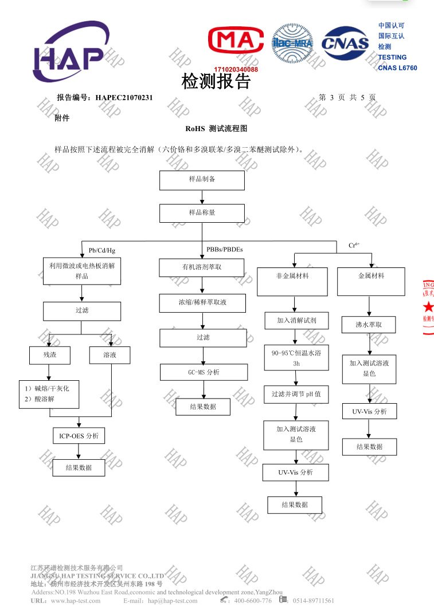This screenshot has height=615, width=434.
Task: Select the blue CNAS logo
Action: click(345, 43)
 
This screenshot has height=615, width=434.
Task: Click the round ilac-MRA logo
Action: click(292, 43)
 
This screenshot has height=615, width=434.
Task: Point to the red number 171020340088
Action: click(236, 69)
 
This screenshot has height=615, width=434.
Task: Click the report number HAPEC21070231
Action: click(124, 98)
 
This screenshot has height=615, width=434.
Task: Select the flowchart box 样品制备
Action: click(202, 180)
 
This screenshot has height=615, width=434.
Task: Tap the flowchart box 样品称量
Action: click(202, 213)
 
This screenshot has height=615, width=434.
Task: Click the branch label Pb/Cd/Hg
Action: click(102, 250)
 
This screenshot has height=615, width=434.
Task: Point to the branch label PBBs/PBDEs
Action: click(225, 249)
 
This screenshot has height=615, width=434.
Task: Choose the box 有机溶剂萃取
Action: click(201, 267)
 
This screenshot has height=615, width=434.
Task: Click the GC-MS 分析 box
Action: click(204, 372)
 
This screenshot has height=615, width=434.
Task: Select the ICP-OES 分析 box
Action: click(79, 436)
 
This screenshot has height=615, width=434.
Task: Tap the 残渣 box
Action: click(50, 355)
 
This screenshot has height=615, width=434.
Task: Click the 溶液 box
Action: click(110, 356)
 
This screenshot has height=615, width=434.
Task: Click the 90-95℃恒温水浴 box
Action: click(296, 358)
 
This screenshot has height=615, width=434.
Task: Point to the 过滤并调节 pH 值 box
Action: click(296, 395)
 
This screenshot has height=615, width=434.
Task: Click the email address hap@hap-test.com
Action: click(173, 601)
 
